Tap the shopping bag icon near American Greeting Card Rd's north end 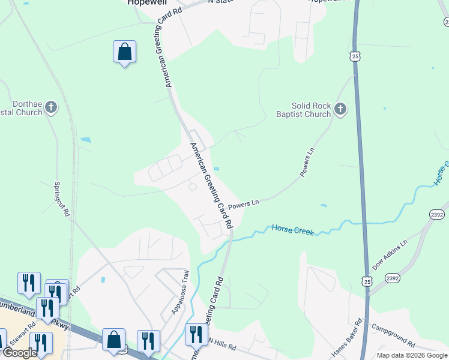point(124,52)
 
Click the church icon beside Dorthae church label point(51,107)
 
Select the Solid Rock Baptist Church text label point(304,109)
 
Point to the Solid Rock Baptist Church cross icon point(340,109)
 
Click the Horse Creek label point(292,230)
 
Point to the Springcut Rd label point(62,199)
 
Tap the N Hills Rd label point(223,346)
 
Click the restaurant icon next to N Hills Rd point(196,334)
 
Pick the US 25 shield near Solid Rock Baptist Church point(356,56)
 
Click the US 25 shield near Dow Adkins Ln point(367,280)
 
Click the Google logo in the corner point(20,353)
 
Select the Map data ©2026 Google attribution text point(412,355)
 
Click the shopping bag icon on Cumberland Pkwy point(113,340)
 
